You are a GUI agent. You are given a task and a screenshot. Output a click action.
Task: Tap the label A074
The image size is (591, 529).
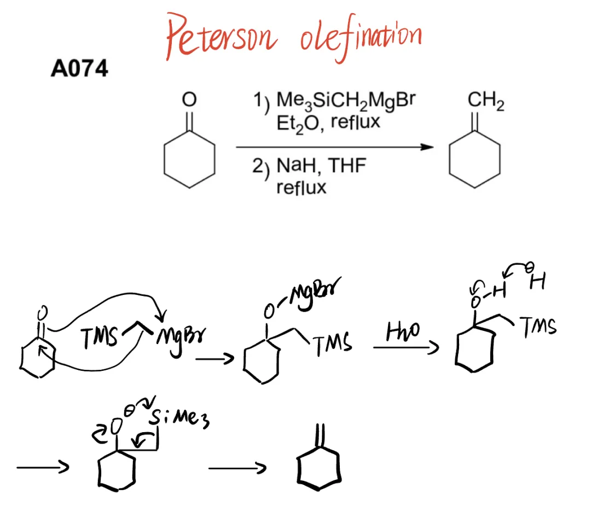[x=79, y=69]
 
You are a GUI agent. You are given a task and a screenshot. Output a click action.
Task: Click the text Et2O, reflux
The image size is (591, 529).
[x=328, y=122]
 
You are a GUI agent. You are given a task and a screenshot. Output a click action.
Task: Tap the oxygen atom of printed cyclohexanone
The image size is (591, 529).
[x=189, y=100]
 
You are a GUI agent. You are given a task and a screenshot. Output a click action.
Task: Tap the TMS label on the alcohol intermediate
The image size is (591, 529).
[x=539, y=327]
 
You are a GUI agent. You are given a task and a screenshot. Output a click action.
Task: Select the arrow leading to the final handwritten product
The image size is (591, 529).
[x=236, y=468]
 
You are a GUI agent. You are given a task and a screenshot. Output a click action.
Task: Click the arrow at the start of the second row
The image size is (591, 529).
[x=42, y=467]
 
